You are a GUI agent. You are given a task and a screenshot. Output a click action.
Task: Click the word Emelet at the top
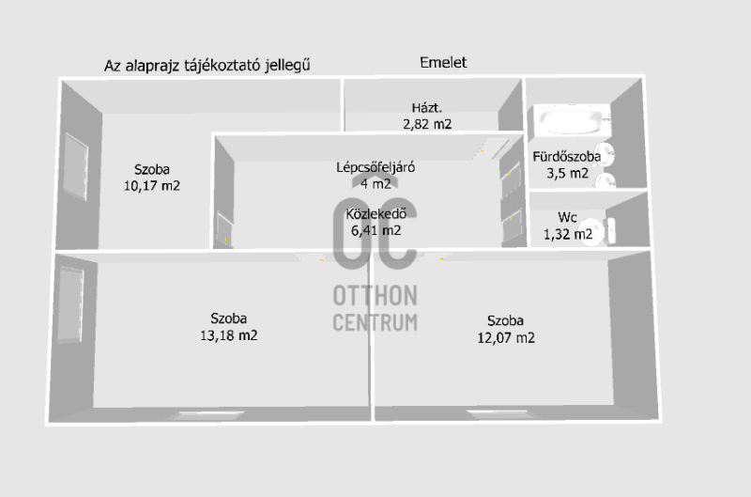click(442, 63)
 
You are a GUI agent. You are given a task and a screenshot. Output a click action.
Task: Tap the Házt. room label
click(427, 106)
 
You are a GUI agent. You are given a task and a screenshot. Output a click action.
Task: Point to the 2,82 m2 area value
click(427, 123)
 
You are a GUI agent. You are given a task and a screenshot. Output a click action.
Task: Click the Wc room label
click(567, 217)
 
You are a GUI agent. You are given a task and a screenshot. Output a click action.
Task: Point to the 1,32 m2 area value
click(568, 234)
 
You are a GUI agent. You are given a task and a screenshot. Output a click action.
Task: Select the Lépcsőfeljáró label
click(375, 167)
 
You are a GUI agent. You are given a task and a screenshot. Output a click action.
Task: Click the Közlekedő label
click(375, 212)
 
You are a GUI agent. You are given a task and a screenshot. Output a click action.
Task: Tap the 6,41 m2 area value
click(375, 229)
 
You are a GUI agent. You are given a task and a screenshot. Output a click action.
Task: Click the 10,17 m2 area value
click(152, 186)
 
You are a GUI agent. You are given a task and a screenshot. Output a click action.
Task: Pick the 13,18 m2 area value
click(230, 335)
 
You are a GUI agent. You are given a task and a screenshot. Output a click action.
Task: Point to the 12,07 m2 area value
click(506, 338)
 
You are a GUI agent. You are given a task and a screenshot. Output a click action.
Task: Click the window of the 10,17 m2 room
click(74, 163)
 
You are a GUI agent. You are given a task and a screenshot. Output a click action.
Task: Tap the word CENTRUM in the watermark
click(375, 322)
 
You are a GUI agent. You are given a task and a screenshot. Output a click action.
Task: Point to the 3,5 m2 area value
click(567, 173)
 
